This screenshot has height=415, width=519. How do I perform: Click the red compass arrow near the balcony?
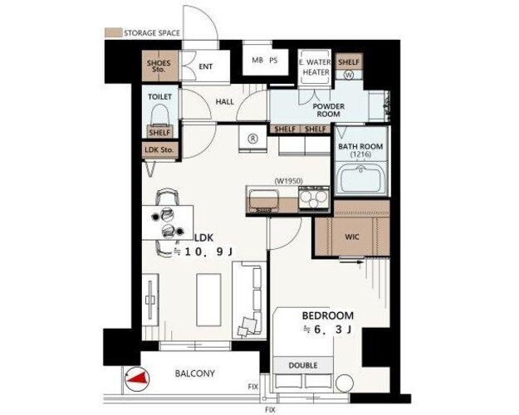(138, 379)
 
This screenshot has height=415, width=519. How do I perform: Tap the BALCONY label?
(194, 373)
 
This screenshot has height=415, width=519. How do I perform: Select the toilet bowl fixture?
(160, 115)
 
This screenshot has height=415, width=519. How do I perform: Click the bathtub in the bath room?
(360, 178)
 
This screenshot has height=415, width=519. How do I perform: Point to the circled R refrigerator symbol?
(253, 139)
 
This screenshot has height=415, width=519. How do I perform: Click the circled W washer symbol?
(350, 75)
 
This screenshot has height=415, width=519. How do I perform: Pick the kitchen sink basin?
(262, 200)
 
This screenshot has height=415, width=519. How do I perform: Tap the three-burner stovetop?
(313, 198)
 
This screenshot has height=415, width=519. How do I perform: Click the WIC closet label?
(352, 237)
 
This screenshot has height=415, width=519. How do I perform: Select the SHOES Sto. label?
(159, 66)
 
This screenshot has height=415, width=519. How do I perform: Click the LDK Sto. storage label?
(159, 150)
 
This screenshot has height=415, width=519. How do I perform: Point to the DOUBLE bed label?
(303, 365)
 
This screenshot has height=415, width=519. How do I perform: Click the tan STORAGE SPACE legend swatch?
(113, 32)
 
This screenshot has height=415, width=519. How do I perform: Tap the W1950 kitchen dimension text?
(288, 181)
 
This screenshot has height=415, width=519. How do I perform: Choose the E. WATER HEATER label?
(315, 67)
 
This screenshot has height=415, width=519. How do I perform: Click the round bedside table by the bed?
(345, 383)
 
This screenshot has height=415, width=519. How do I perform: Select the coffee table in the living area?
(208, 300)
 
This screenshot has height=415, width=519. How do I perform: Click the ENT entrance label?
(206, 66)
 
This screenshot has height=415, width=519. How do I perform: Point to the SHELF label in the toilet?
(160, 133)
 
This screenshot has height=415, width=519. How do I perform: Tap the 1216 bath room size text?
(360, 154)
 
